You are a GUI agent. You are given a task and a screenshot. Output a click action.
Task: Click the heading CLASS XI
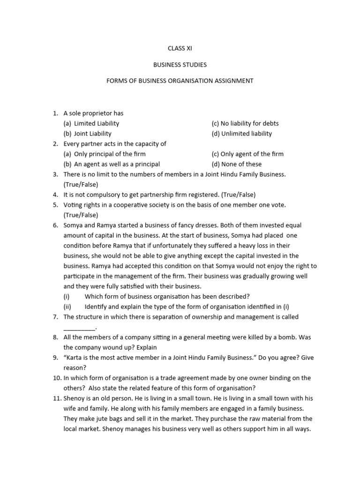point(180,48)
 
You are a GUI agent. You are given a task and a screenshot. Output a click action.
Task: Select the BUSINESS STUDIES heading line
point(180,64)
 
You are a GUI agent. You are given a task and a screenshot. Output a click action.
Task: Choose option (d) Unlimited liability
point(241,134)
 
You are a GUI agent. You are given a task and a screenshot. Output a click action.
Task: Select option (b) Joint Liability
point(88,134)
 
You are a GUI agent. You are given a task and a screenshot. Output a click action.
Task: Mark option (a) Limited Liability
point(91,123)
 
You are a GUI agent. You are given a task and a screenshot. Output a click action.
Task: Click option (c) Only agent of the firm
point(247,154)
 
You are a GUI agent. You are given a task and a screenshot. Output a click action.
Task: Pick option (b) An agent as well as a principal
point(112,164)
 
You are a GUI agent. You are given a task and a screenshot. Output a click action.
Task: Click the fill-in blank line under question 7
point(80,328)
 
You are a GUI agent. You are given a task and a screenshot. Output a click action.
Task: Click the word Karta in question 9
point(75,358)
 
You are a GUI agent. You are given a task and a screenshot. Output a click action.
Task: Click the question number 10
point(56,378)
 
